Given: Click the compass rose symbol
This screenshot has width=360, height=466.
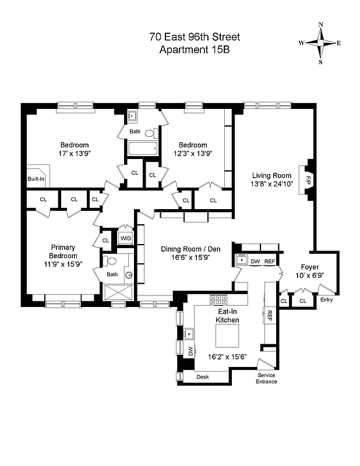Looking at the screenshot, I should coord(320,43).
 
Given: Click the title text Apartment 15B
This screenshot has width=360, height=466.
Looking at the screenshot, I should coord(195,50).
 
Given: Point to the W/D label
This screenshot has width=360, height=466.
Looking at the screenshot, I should coord(125,238).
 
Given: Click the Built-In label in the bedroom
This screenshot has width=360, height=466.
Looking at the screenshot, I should coord(36,179).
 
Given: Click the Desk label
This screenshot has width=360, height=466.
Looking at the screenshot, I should coord(202,377).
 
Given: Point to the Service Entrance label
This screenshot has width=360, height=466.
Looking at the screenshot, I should coord(267,379).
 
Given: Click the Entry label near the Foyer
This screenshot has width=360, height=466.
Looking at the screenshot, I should coord(326,301).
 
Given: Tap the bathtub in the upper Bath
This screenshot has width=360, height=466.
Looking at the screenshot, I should coord(143,149).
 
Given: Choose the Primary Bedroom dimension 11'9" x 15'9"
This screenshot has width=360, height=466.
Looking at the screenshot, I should coord(63,264).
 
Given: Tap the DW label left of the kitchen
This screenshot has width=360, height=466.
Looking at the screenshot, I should coord(190,351).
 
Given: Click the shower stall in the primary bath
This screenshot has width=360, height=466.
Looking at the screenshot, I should coord(118,292).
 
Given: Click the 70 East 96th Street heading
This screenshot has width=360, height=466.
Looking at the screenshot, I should coord(195,37).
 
